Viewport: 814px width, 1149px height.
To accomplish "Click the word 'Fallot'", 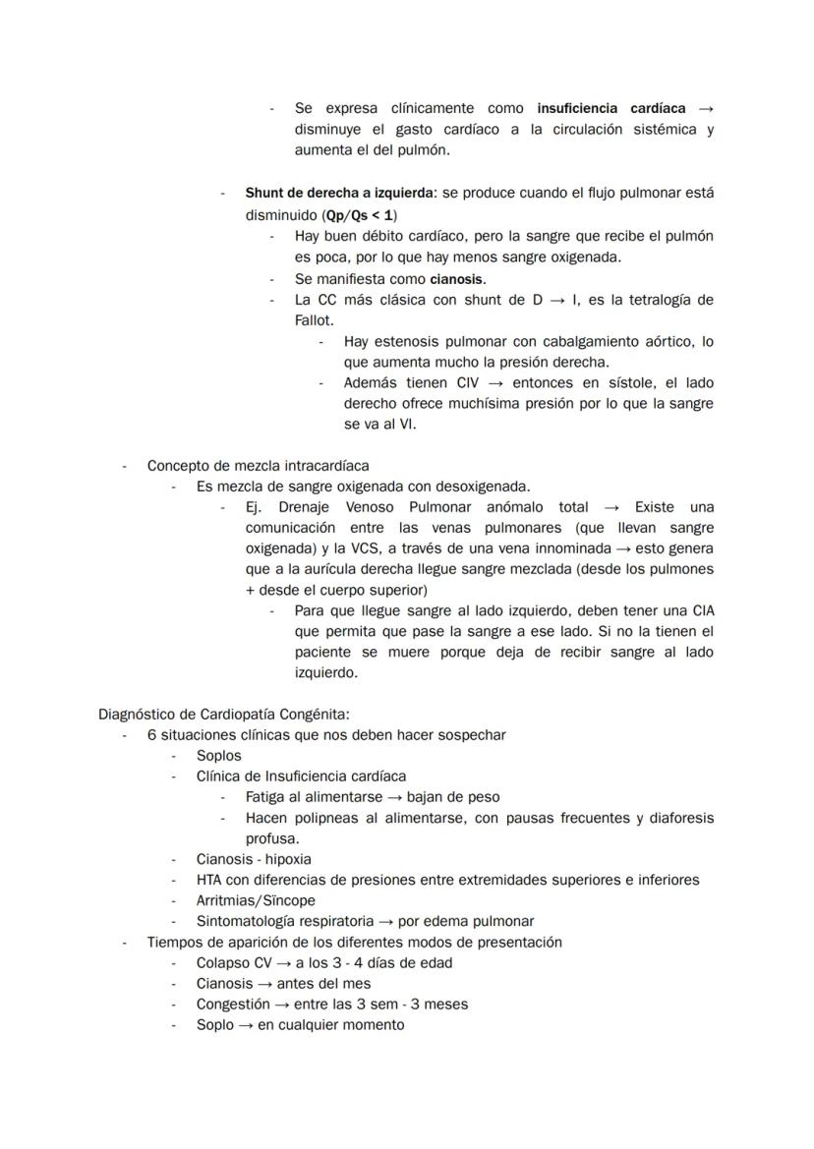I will (314, 320).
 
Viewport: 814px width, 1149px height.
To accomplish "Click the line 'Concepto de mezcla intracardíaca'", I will (259, 466).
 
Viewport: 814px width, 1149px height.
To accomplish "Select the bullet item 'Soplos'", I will (218, 756).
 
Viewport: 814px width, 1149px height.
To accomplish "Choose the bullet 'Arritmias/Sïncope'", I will (256, 900).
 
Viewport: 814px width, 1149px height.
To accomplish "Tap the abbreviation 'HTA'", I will (209, 880).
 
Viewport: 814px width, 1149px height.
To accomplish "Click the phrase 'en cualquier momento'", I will (330, 1025).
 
